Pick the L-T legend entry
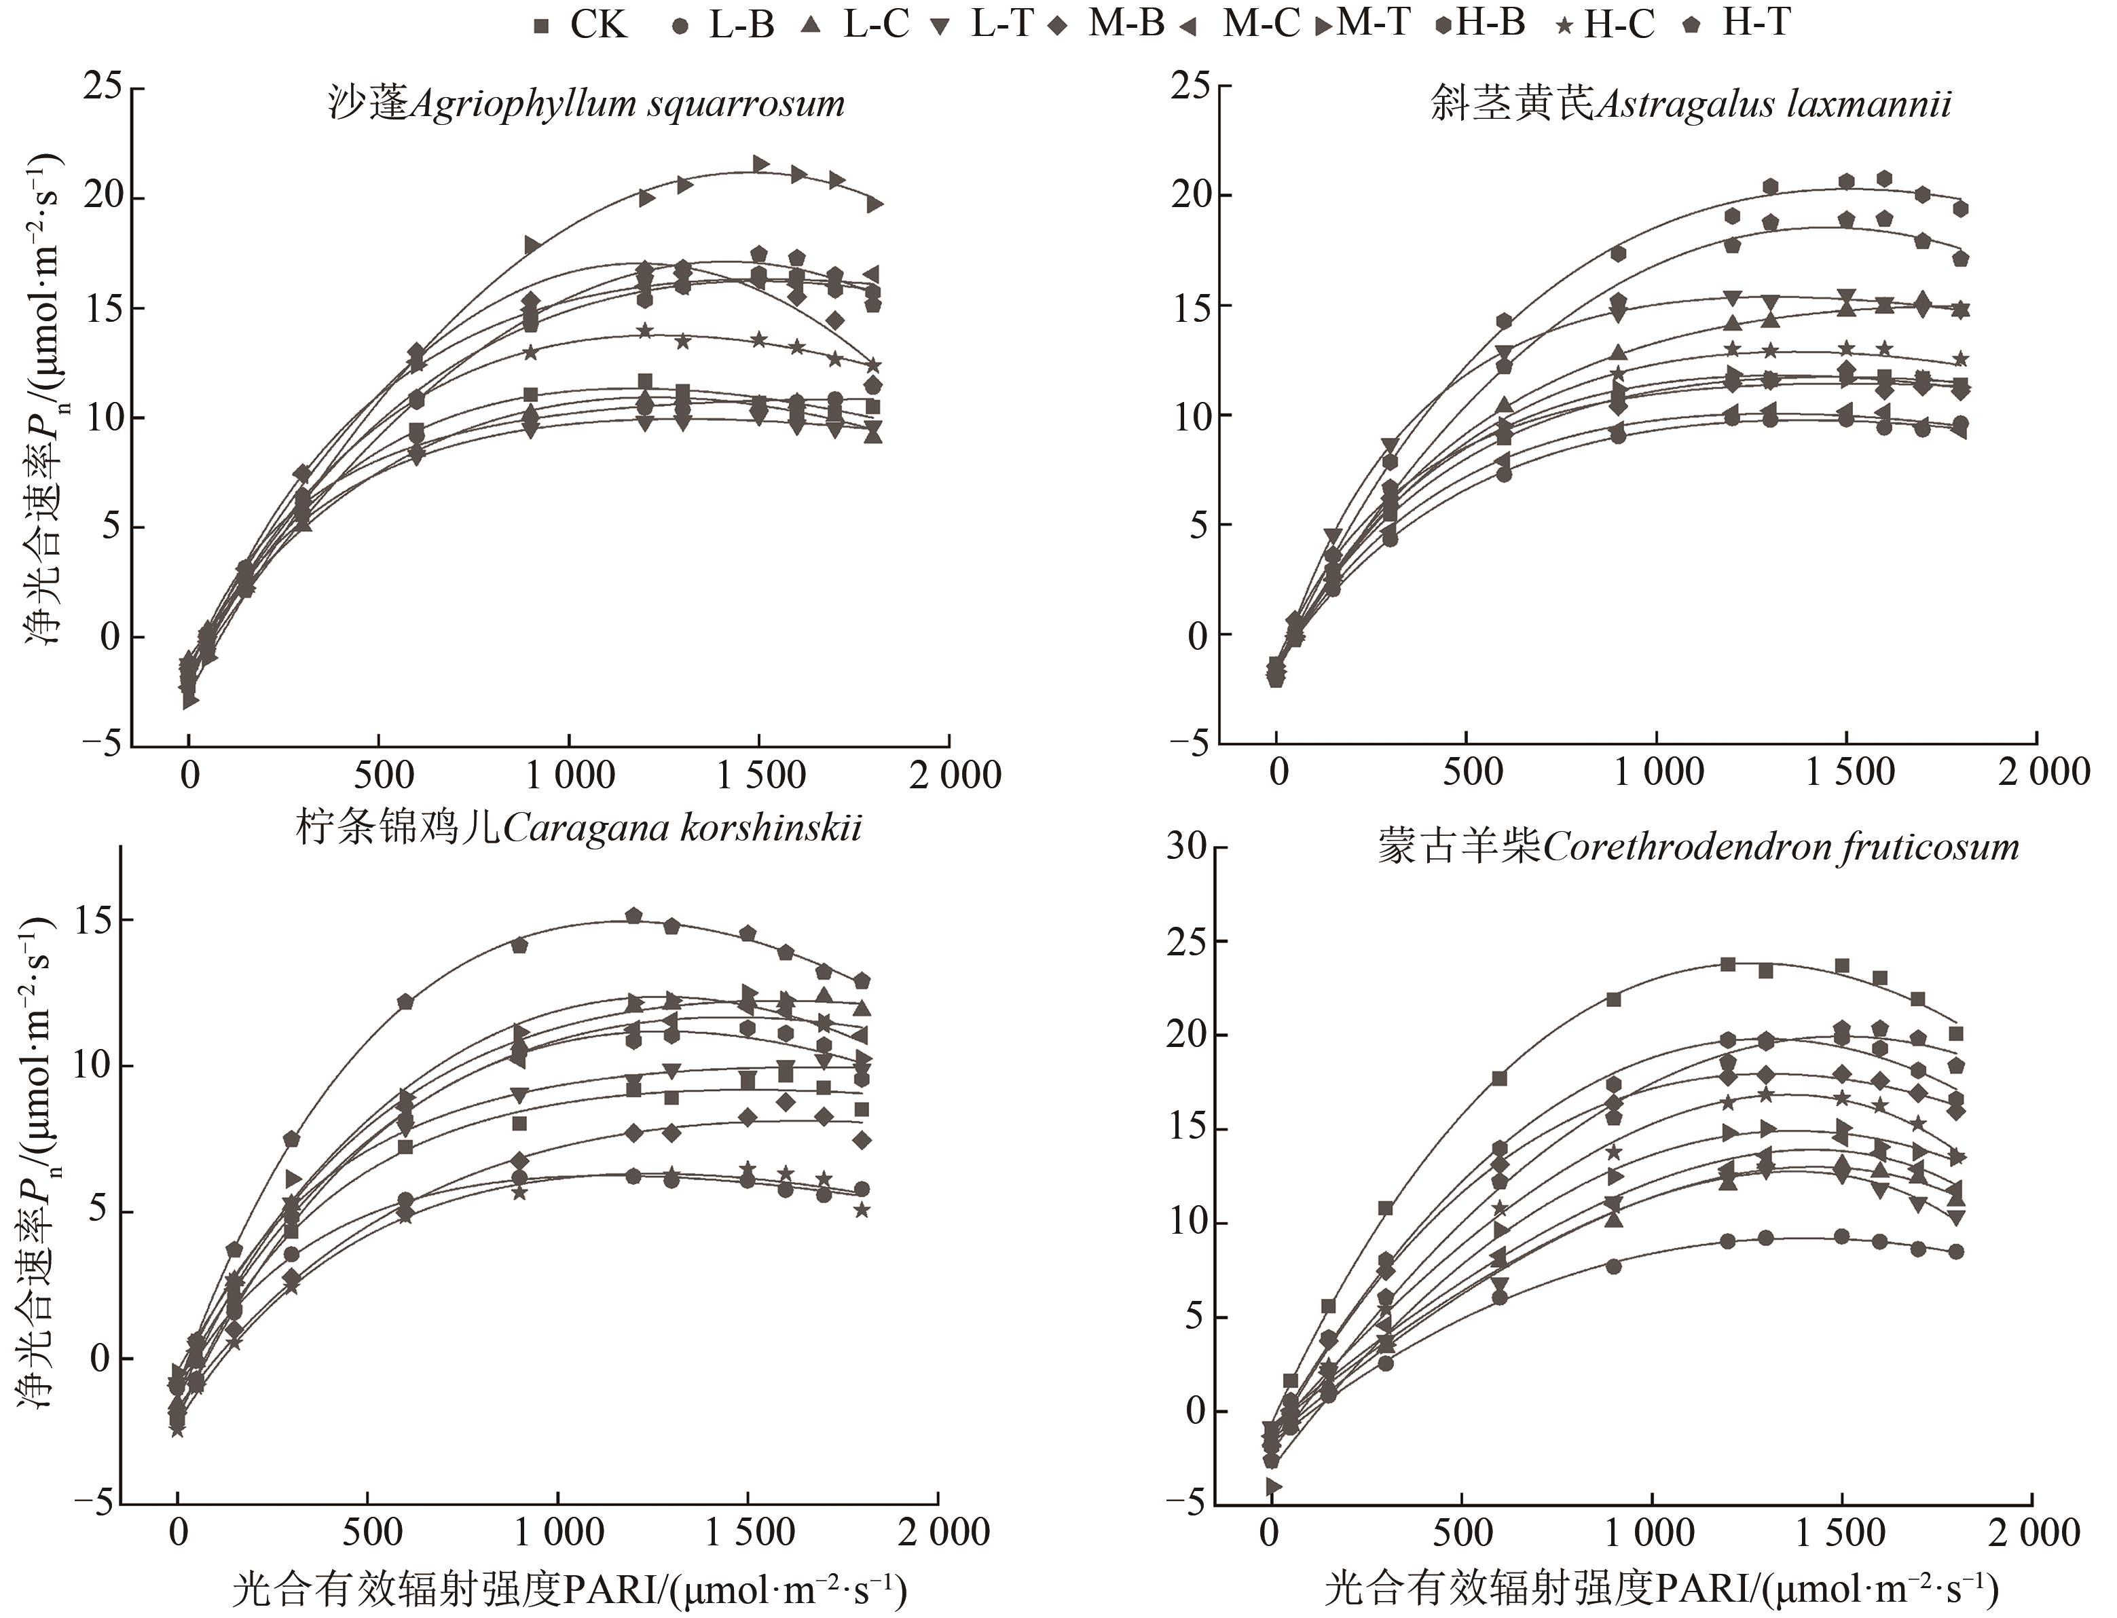[983, 24]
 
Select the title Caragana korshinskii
[578, 827]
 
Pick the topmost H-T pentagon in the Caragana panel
[633, 915]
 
